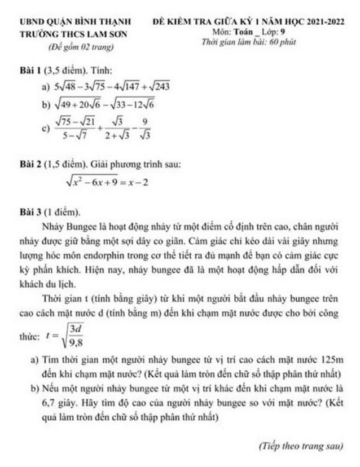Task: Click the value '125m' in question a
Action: click(332, 360)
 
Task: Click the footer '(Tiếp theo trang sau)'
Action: click(300, 446)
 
